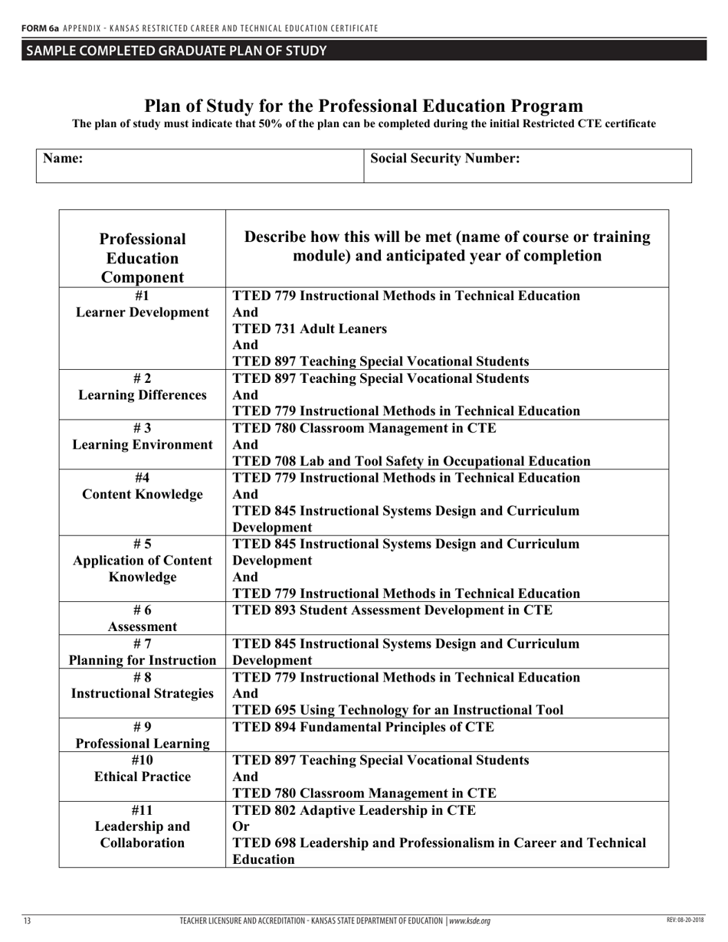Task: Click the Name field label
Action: click(63, 159)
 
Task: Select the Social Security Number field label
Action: click(445, 159)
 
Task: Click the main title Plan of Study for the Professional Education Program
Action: click(364, 106)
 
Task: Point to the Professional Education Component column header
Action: click(143, 258)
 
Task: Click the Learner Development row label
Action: click(143, 312)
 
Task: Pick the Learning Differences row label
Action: click(143, 395)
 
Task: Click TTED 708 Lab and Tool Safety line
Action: click(411, 461)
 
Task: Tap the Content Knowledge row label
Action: click(143, 494)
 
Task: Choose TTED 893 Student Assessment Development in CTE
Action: click(392, 610)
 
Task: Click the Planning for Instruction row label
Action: click(143, 660)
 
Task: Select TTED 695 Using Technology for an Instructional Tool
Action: click(398, 710)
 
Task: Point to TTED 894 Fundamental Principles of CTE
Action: click(363, 727)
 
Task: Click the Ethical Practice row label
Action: click(143, 777)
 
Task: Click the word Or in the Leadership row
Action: click(241, 826)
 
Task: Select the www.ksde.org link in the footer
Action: click(469, 921)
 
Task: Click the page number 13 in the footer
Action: click(27, 921)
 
